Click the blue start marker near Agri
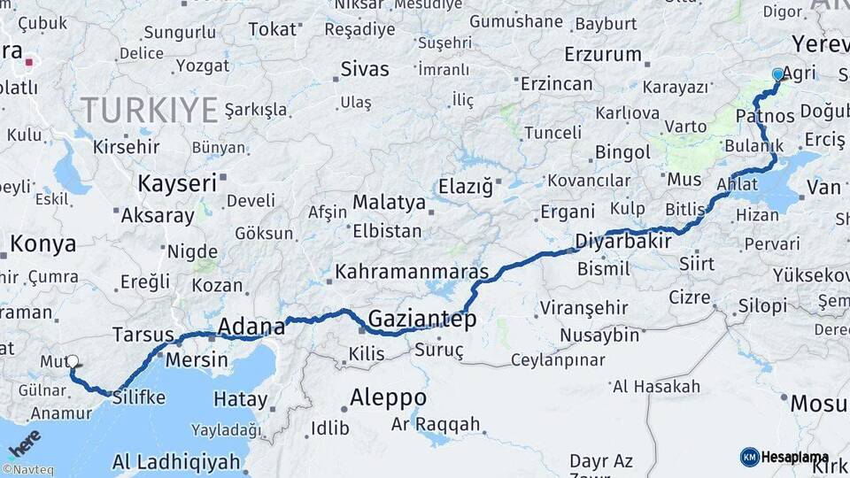(777, 74)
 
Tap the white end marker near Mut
(73, 361)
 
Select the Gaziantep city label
(421, 319)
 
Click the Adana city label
(251, 326)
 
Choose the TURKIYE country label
(149, 110)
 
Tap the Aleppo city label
(388, 397)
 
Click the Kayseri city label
(177, 183)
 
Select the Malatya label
(389, 203)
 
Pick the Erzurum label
(605, 54)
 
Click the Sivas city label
(365, 68)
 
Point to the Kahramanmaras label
(412, 271)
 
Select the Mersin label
(197, 360)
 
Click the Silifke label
(139, 397)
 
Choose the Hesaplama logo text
(794, 457)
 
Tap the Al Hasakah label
(656, 387)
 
